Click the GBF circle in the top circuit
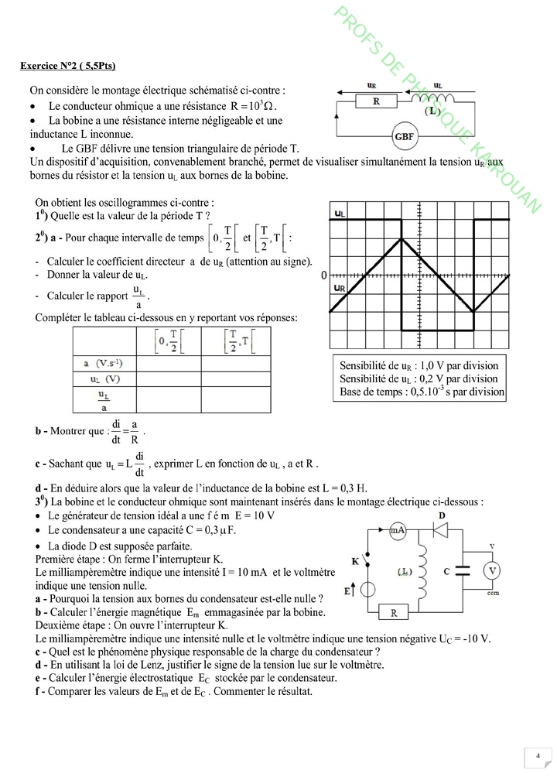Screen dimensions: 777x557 [404, 137]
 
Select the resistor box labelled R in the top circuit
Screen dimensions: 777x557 [375, 101]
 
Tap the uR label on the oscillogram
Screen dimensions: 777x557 [340, 288]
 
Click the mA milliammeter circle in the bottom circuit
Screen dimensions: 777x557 [398, 530]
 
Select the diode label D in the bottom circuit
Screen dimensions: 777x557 [442, 515]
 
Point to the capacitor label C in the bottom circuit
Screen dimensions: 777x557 [447, 571]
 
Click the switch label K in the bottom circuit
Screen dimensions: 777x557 [356, 560]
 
